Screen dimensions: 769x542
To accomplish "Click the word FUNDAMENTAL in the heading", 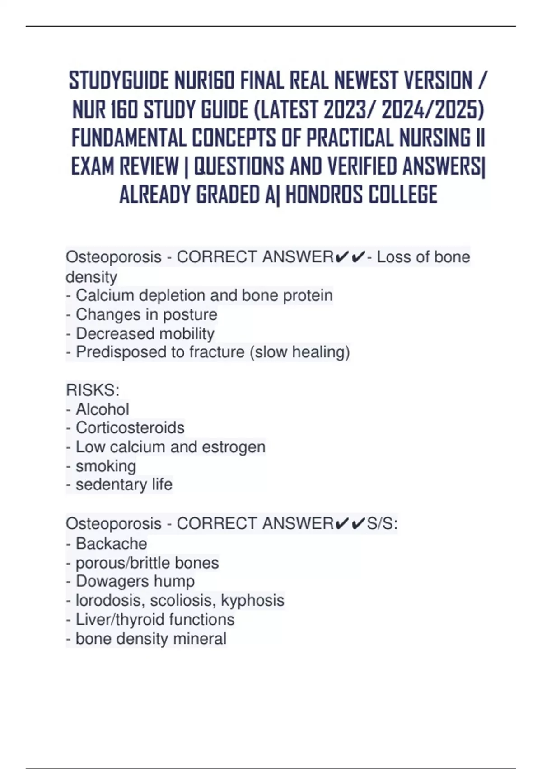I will point(129,138).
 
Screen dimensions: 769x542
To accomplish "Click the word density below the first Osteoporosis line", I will point(91,276).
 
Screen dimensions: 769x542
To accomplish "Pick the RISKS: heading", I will point(93,390).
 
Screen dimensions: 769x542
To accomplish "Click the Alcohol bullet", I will point(102,409).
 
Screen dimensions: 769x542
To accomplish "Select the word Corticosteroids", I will point(130,428).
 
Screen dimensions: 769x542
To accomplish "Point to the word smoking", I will point(106,466).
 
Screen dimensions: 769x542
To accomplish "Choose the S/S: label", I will point(382,524).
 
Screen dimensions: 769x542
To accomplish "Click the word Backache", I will point(111,543).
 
